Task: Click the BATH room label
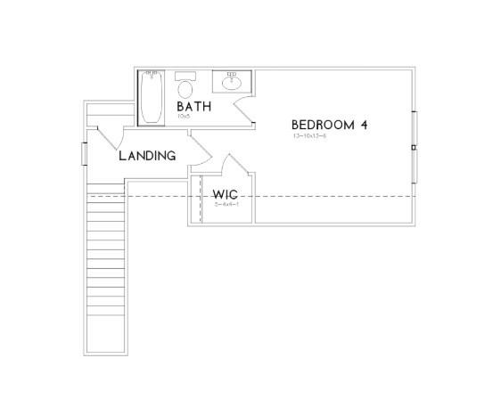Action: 193,107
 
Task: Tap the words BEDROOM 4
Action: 329,125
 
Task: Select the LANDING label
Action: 147,156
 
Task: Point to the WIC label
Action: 223,194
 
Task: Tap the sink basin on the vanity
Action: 233,83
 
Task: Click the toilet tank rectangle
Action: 185,76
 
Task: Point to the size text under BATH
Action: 184,116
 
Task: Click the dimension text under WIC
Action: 226,205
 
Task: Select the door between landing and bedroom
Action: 201,149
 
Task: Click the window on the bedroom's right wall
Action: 415,145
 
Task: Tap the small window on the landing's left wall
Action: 84,152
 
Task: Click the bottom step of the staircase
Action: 108,346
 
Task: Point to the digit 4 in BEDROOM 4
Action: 364,125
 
